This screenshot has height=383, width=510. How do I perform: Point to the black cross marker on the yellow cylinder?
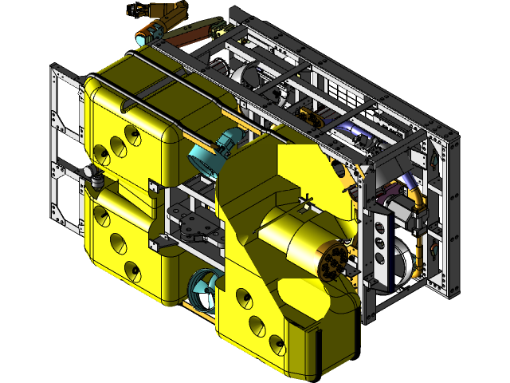point(306,199)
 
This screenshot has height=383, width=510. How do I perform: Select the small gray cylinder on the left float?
point(96,177)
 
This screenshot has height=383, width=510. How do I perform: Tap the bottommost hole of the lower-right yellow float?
point(277,345)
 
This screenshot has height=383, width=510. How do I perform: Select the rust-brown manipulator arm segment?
point(191,35)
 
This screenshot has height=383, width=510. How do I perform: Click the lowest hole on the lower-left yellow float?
point(131,271)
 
